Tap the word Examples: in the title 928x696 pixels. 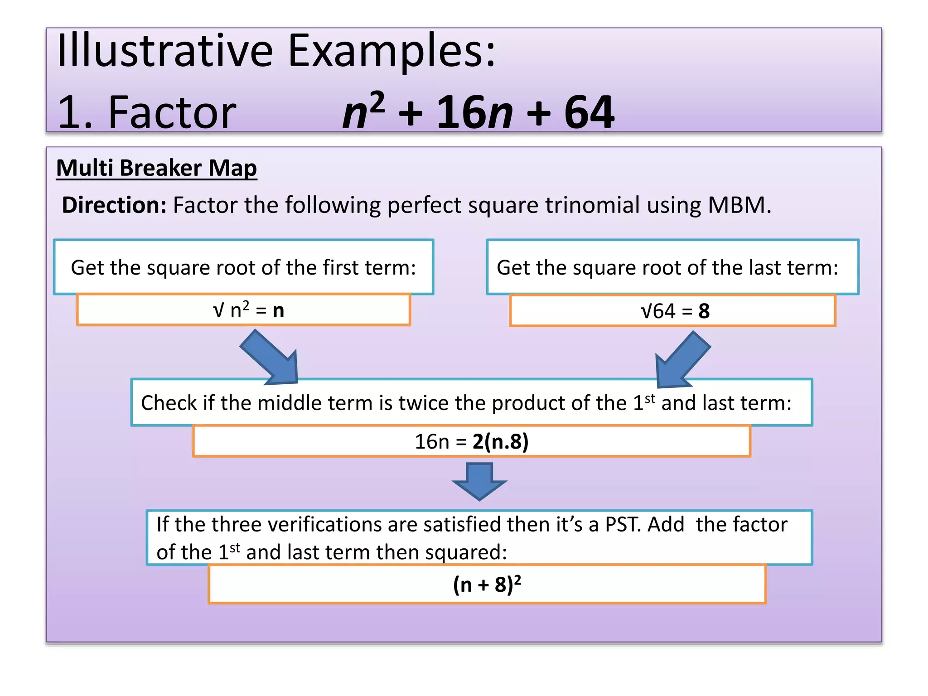pos(392,52)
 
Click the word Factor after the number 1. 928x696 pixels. pos(172,112)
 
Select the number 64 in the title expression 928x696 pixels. pos(589,112)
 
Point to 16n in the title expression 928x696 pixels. pos(474,112)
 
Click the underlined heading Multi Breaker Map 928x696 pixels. pos(156,169)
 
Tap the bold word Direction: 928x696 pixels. pos(114,205)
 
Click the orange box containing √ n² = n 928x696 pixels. pos(243,310)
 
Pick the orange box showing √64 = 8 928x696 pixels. pos(672,311)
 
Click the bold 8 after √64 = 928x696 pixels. pos(704,311)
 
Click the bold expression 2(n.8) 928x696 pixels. pos(500,442)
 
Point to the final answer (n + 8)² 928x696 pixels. pos(487,585)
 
